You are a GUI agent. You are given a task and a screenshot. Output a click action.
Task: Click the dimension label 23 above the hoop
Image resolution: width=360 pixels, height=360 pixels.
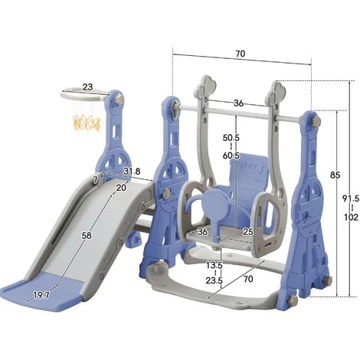tap(87, 87)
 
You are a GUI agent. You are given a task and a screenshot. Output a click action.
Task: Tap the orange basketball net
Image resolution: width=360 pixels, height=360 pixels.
tap(87, 123)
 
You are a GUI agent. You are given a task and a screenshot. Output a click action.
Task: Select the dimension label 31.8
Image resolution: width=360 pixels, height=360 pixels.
tap(132, 172)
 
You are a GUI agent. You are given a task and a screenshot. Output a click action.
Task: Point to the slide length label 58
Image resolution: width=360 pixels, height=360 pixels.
tap(87, 235)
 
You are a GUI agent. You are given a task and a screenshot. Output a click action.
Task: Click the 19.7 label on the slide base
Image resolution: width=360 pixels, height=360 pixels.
tap(41, 295)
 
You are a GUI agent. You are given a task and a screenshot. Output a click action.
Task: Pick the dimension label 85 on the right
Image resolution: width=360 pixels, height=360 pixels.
tap(335, 175)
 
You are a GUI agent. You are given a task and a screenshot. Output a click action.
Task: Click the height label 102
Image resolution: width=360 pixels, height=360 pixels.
tap(352, 218)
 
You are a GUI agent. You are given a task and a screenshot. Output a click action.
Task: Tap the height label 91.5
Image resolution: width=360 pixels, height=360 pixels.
tap(351, 198)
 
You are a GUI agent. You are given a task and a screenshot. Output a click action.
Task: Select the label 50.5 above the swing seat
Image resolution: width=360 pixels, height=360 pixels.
tap(231, 138)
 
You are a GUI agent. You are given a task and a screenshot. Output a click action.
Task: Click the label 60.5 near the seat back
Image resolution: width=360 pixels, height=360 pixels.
tap(231, 155)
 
